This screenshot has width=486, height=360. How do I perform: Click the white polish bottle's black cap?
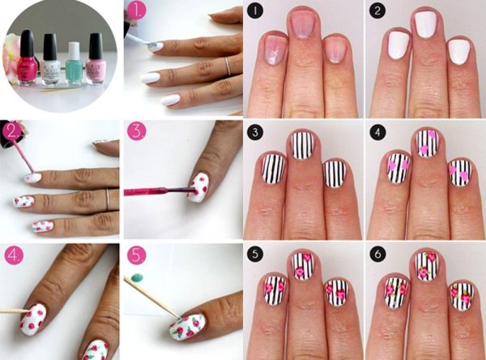pyautogui.click(x=51, y=45)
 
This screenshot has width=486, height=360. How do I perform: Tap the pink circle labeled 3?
pyautogui.click(x=137, y=132)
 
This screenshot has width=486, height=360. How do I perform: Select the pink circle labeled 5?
pyautogui.click(x=137, y=255)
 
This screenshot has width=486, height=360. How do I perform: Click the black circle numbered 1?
pyautogui.click(x=255, y=11)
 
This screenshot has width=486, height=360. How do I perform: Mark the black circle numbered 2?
pyautogui.click(x=377, y=11)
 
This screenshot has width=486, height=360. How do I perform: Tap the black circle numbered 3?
pyautogui.click(x=255, y=133)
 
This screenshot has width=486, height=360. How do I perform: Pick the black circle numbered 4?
pyautogui.click(x=377, y=133)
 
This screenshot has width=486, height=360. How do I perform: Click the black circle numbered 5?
pyautogui.click(x=255, y=255)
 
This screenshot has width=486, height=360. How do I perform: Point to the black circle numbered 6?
pyautogui.click(x=377, y=255)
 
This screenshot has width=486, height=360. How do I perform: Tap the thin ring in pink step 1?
pyautogui.click(x=227, y=66)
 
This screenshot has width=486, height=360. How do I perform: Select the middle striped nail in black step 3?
pyautogui.click(x=303, y=144)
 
